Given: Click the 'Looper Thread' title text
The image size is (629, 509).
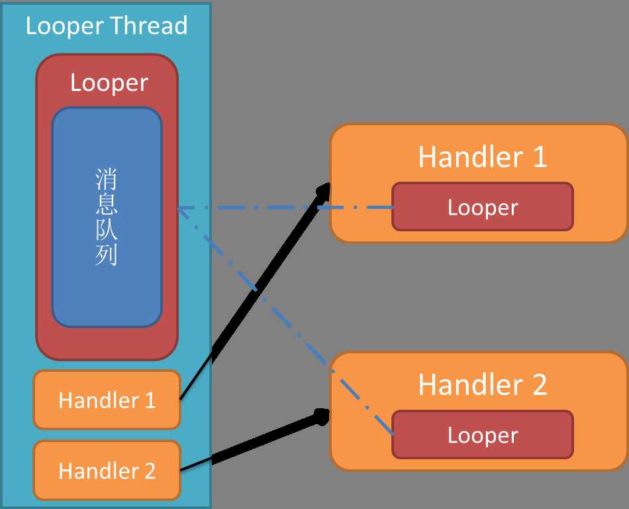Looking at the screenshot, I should tap(106, 27).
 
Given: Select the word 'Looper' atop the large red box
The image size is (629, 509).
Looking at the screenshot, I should tap(109, 83).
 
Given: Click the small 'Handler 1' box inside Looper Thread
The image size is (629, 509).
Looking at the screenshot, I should tap(107, 400).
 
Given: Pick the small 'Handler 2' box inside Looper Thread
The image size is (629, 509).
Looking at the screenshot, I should tap(107, 471).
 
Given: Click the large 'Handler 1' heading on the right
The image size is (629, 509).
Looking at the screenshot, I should tap(483, 157).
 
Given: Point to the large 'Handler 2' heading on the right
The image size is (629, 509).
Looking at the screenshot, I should tap(483, 385).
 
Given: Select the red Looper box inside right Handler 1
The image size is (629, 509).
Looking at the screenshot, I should tap(483, 207).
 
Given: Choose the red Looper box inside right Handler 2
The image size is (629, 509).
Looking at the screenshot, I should tap(483, 435).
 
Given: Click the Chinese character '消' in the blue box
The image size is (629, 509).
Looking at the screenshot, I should tap(107, 180).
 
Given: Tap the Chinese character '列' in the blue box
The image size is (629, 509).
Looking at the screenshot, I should tap(107, 255).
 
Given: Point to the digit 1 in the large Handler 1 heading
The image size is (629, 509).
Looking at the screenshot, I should tap(539, 157).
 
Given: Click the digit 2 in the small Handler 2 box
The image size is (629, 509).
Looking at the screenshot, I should tap(150, 471).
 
